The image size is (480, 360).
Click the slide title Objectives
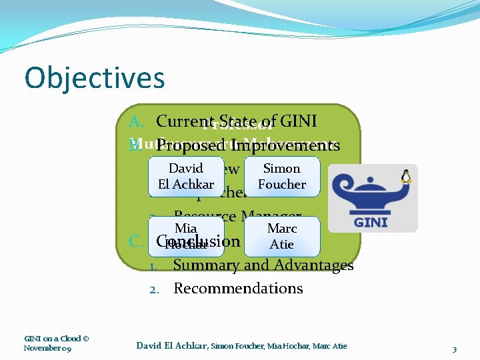click(94, 78)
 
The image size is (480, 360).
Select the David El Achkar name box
click(186, 177)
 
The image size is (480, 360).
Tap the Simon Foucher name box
click(282, 177)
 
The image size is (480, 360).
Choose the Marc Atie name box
click(282, 236)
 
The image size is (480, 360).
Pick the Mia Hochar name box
click(186, 236)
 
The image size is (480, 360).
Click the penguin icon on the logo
click(406, 175)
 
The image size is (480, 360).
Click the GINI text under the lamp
click(371, 222)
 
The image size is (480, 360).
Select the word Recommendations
click(238, 289)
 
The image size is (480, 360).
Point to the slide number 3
click(454, 349)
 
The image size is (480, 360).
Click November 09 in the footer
click(48, 348)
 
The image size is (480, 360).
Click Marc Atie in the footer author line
click(331, 345)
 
